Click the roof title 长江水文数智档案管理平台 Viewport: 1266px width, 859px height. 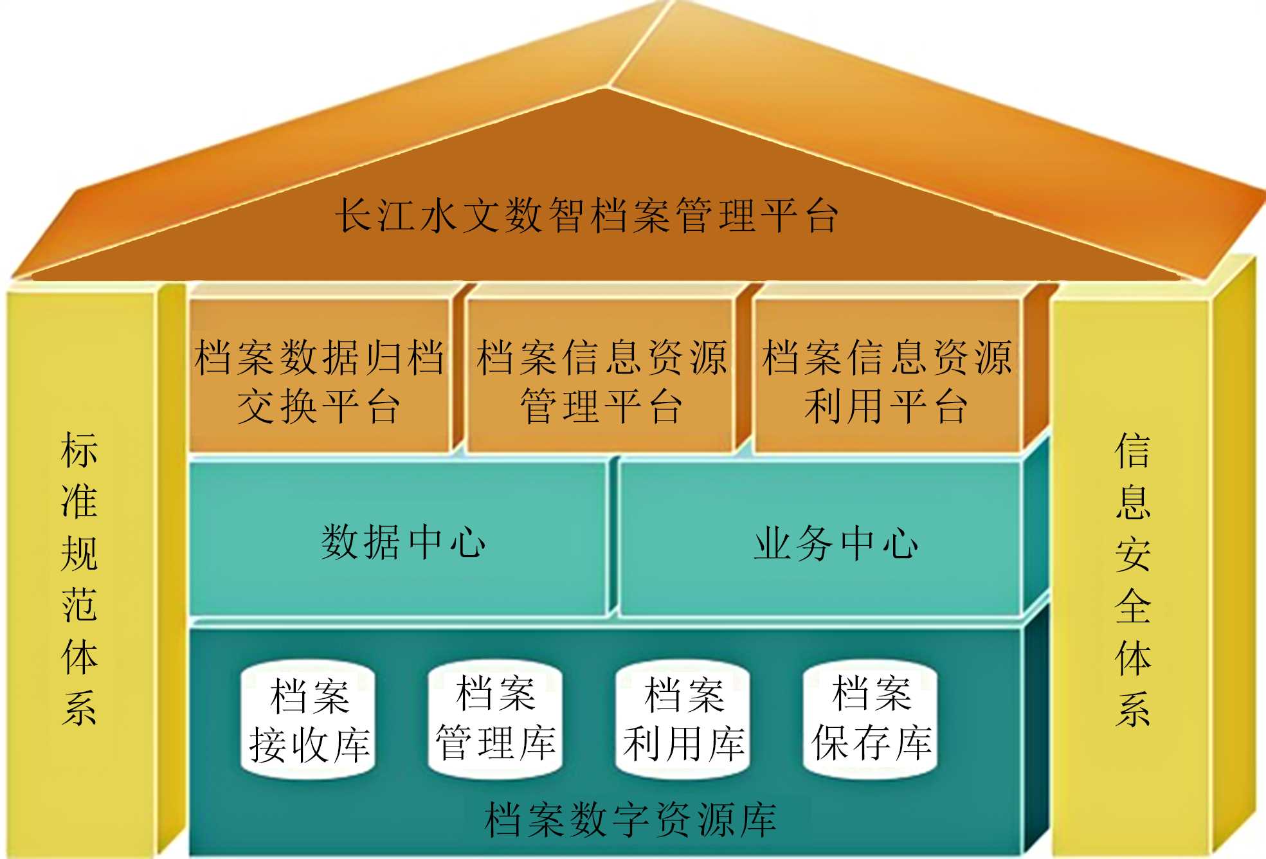coord(586,215)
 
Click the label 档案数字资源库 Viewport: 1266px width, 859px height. coord(630,820)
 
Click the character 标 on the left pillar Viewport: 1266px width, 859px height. coord(79,450)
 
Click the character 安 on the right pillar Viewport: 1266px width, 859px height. coord(1133,554)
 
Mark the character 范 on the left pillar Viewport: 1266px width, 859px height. coord(79,605)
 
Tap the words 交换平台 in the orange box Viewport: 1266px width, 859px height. coord(320,406)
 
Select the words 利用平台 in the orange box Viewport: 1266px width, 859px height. coord(887,406)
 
